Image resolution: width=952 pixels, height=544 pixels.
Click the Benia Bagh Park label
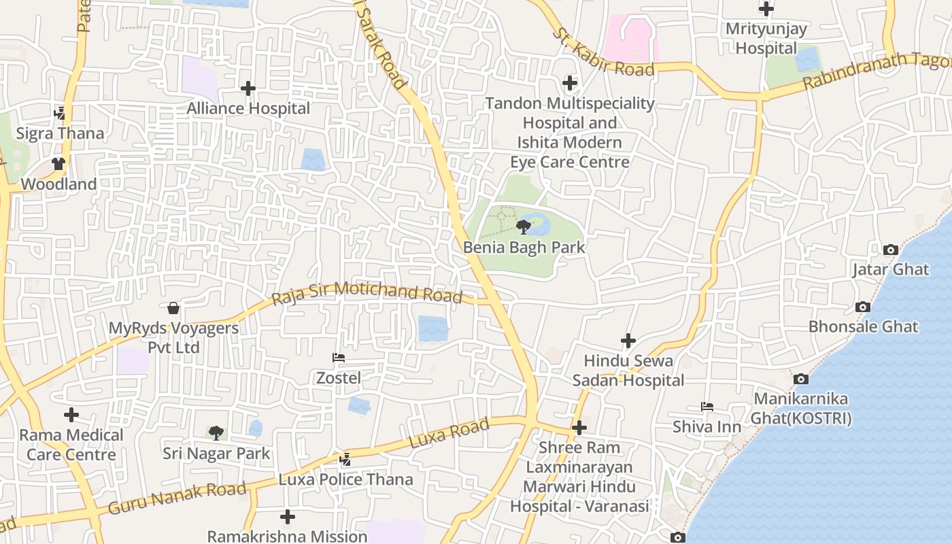pyautogui.click(x=524, y=247)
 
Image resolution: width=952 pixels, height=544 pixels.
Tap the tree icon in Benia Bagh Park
pyautogui.click(x=523, y=226)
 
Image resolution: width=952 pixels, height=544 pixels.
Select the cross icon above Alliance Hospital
pyautogui.click(x=248, y=88)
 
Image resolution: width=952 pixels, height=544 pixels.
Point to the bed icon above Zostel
pyautogui.click(x=338, y=358)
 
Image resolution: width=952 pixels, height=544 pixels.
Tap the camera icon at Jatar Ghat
pyautogui.click(x=890, y=250)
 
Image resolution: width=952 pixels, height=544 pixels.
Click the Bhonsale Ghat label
pyautogui.click(x=863, y=326)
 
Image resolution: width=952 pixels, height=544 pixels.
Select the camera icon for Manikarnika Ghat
pyautogui.click(x=801, y=379)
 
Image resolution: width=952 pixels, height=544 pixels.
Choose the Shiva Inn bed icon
pyautogui.click(x=707, y=407)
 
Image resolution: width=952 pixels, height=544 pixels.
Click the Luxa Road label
pyautogui.click(x=449, y=433)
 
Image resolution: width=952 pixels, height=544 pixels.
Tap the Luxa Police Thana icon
pyautogui.click(x=345, y=460)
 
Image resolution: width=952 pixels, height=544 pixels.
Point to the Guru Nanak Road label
pyautogui.click(x=177, y=498)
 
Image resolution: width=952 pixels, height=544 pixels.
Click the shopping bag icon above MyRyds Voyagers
pyautogui.click(x=173, y=309)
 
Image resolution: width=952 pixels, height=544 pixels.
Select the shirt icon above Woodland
pyautogui.click(x=58, y=164)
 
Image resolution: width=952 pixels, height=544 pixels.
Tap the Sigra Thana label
pyautogui.click(x=60, y=133)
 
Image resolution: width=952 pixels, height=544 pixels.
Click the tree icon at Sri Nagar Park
pyautogui.click(x=216, y=432)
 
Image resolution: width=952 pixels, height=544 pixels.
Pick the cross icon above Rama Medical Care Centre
pyautogui.click(x=71, y=415)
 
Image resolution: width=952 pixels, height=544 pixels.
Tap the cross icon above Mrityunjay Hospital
pyautogui.click(x=766, y=9)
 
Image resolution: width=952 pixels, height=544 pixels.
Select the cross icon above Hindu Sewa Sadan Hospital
pyautogui.click(x=628, y=341)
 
